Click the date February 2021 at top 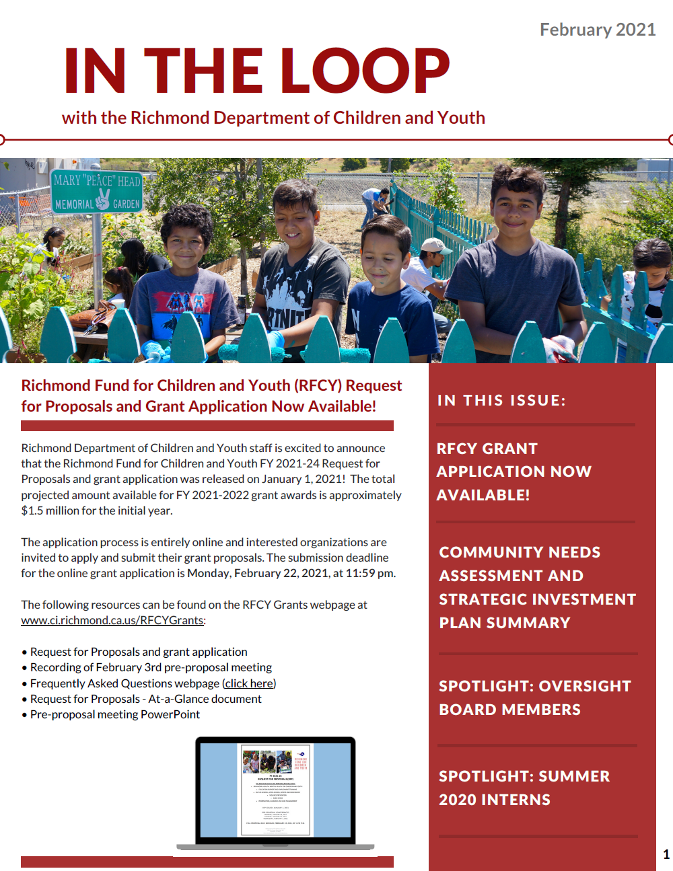tap(597, 30)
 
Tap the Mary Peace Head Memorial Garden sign tap(98, 192)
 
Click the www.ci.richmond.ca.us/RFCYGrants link tap(112, 620)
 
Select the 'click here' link tap(249, 683)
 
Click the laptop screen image tap(275, 790)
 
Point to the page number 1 tap(666, 854)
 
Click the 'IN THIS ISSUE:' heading tap(501, 400)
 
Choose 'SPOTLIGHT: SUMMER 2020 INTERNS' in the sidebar tap(524, 788)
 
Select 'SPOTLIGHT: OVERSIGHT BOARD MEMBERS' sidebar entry tap(535, 697)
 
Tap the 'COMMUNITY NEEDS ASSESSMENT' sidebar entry tap(537, 587)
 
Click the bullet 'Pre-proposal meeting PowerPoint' tap(114, 714)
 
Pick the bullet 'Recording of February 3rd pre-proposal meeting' tap(151, 667)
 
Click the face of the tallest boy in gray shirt tap(515, 205)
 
